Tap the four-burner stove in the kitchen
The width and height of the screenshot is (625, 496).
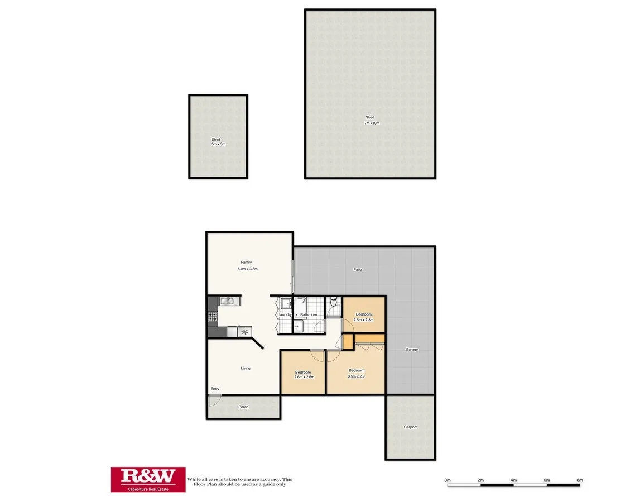pos(213,316)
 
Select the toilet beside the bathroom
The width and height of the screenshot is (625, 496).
pos(334,303)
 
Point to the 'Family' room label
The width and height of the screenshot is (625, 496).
pos(246,262)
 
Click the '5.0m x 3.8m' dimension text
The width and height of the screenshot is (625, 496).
pos(247,269)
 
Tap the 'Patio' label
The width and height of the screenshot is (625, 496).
pos(358,270)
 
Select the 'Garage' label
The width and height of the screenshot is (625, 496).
pos(412,350)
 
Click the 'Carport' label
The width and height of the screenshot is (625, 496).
pos(410,427)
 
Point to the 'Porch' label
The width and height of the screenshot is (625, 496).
pos(243,407)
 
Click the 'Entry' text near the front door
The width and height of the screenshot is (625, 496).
pos(215,389)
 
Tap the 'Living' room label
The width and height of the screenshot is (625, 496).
pos(246,368)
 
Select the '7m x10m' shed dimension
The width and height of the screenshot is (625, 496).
pos(372,123)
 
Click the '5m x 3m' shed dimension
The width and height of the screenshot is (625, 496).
pos(218,144)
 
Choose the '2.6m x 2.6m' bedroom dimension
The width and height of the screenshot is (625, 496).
pos(304,377)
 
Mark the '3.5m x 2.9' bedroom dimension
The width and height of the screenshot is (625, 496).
pos(357,377)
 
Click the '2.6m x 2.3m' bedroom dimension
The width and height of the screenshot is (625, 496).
pos(364,321)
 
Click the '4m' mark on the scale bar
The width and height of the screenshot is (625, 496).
pos(513,480)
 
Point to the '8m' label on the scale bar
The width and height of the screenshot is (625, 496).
pos(579,480)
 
